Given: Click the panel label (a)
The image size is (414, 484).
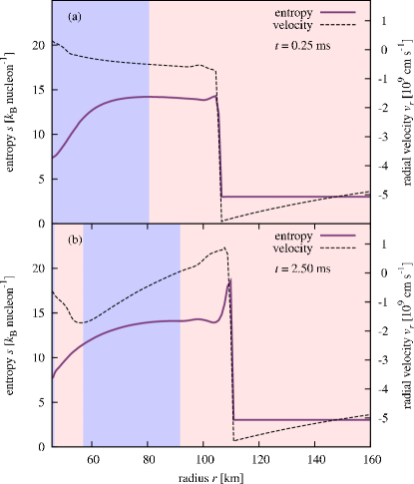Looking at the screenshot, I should coord(74,17).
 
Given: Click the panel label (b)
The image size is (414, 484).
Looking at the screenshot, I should coord(75,241).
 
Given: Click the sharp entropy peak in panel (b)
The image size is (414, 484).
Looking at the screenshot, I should coord(229,281).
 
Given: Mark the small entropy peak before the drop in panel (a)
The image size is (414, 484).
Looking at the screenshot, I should coord(214,96).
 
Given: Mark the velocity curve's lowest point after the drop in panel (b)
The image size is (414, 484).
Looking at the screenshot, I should coord(233,440).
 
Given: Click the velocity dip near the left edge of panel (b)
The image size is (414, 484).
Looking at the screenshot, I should coord(83,322).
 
